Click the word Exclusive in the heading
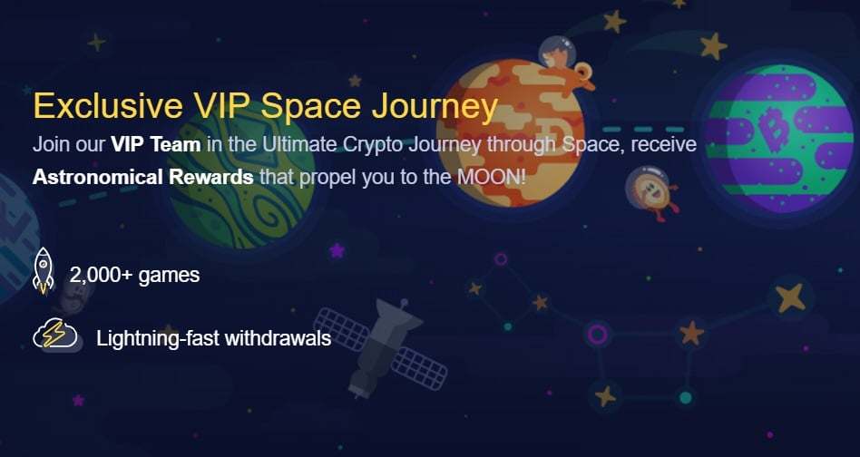(x=107, y=105)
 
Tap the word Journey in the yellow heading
(x=435, y=108)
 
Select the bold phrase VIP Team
(x=155, y=145)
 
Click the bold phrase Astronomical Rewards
(x=142, y=177)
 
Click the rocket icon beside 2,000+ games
(x=44, y=271)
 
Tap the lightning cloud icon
(x=54, y=334)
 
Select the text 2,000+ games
(x=135, y=275)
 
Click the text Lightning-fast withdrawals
(x=213, y=338)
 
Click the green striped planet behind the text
(x=240, y=175)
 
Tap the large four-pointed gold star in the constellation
(x=790, y=297)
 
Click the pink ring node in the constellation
(x=597, y=333)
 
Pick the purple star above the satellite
(x=337, y=251)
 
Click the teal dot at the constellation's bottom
(x=685, y=397)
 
